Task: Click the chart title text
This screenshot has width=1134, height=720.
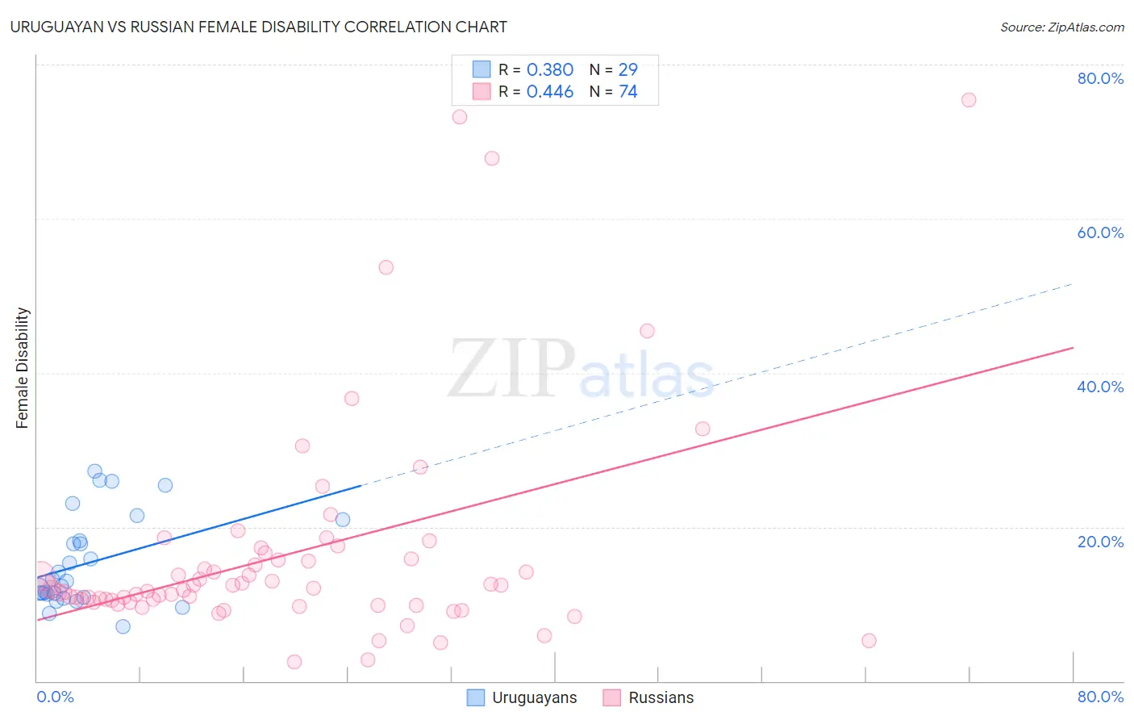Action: tap(259, 27)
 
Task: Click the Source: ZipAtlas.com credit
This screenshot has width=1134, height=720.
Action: tap(1061, 27)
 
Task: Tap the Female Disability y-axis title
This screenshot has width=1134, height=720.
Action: tap(23, 368)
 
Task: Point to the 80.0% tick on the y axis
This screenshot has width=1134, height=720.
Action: tap(1100, 78)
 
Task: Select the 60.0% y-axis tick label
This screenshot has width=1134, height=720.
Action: tap(1100, 232)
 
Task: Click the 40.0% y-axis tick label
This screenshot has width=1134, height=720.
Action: tap(1100, 387)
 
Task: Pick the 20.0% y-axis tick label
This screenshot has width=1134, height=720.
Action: tap(1100, 542)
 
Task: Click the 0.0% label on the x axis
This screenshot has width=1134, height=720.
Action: tap(55, 697)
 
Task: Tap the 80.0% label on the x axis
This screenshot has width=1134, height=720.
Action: tap(1100, 697)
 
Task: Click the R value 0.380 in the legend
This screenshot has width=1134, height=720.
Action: tap(549, 70)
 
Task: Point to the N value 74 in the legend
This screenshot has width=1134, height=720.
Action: tap(627, 92)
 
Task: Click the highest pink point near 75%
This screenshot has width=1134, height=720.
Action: tap(969, 100)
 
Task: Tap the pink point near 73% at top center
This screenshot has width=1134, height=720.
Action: tap(460, 117)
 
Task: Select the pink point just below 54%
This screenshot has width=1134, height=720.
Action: tap(386, 267)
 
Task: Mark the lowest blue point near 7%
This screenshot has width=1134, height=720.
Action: tap(123, 626)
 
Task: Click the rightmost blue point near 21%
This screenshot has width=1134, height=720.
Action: tap(343, 520)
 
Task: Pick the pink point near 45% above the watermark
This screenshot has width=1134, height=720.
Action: tap(647, 331)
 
